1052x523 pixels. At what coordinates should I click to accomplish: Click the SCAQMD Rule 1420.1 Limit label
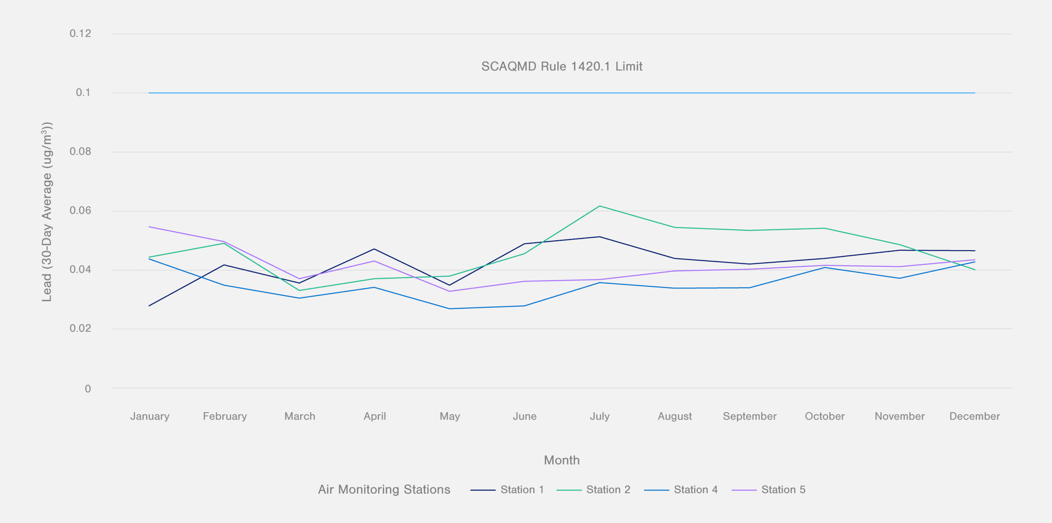(561, 67)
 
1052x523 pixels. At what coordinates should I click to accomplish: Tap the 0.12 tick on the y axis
(80, 34)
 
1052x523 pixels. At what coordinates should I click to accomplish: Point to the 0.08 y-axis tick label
(80, 152)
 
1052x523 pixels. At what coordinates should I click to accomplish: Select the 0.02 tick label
(80, 328)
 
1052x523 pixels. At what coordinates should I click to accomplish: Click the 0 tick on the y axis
(88, 389)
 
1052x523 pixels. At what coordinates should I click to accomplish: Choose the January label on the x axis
(150, 416)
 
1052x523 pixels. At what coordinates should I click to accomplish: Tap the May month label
(450, 416)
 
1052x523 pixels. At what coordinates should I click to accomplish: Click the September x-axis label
(750, 416)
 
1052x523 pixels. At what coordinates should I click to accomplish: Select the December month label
(974, 416)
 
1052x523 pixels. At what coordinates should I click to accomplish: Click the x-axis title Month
(561, 460)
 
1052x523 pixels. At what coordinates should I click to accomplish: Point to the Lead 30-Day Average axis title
(47, 212)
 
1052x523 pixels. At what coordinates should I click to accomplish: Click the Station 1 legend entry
(508, 490)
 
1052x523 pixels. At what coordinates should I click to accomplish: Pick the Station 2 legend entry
(593, 490)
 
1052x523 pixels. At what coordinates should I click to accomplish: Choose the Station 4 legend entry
(681, 490)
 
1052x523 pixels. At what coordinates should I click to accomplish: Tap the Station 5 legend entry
(768, 490)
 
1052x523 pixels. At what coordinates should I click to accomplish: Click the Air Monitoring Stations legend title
(384, 490)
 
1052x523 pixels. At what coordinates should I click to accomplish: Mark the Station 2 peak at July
(600, 206)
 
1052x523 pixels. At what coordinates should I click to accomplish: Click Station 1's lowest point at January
(149, 306)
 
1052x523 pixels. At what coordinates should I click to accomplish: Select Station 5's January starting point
(149, 227)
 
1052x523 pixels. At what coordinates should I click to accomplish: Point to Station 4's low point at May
(450, 309)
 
